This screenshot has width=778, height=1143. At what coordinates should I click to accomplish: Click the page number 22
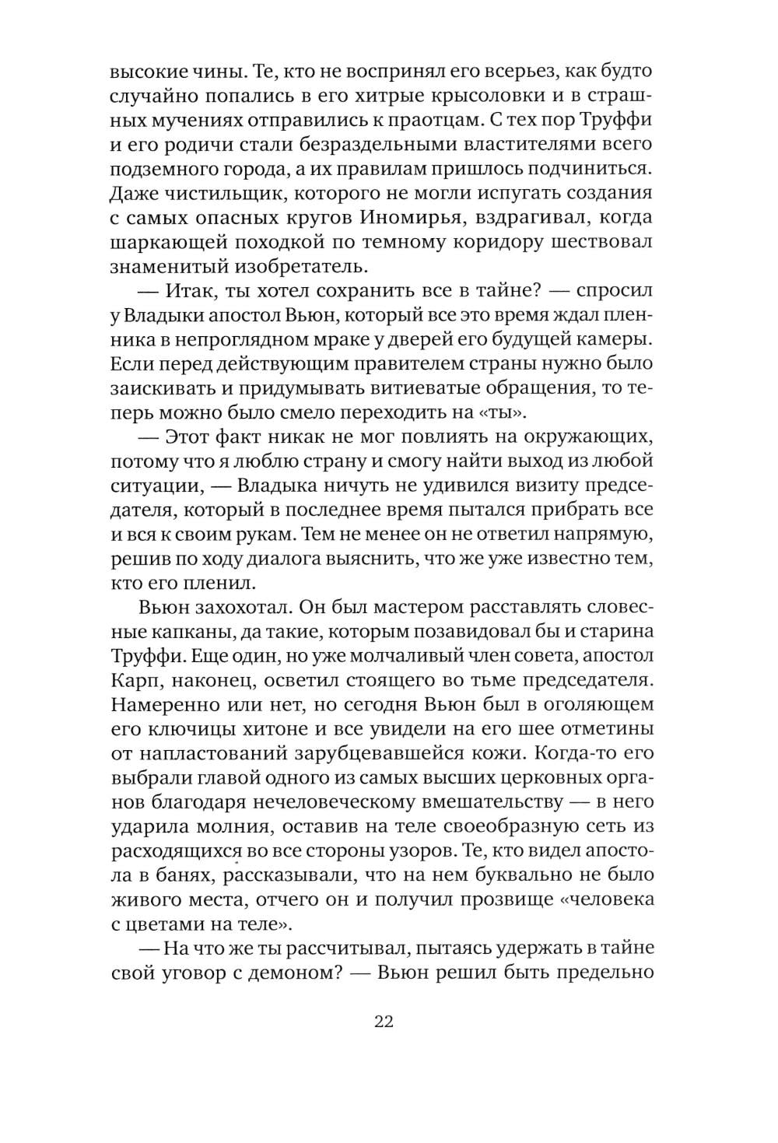click(384, 1022)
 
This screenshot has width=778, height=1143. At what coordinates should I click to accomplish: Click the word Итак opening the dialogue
click(184, 290)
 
